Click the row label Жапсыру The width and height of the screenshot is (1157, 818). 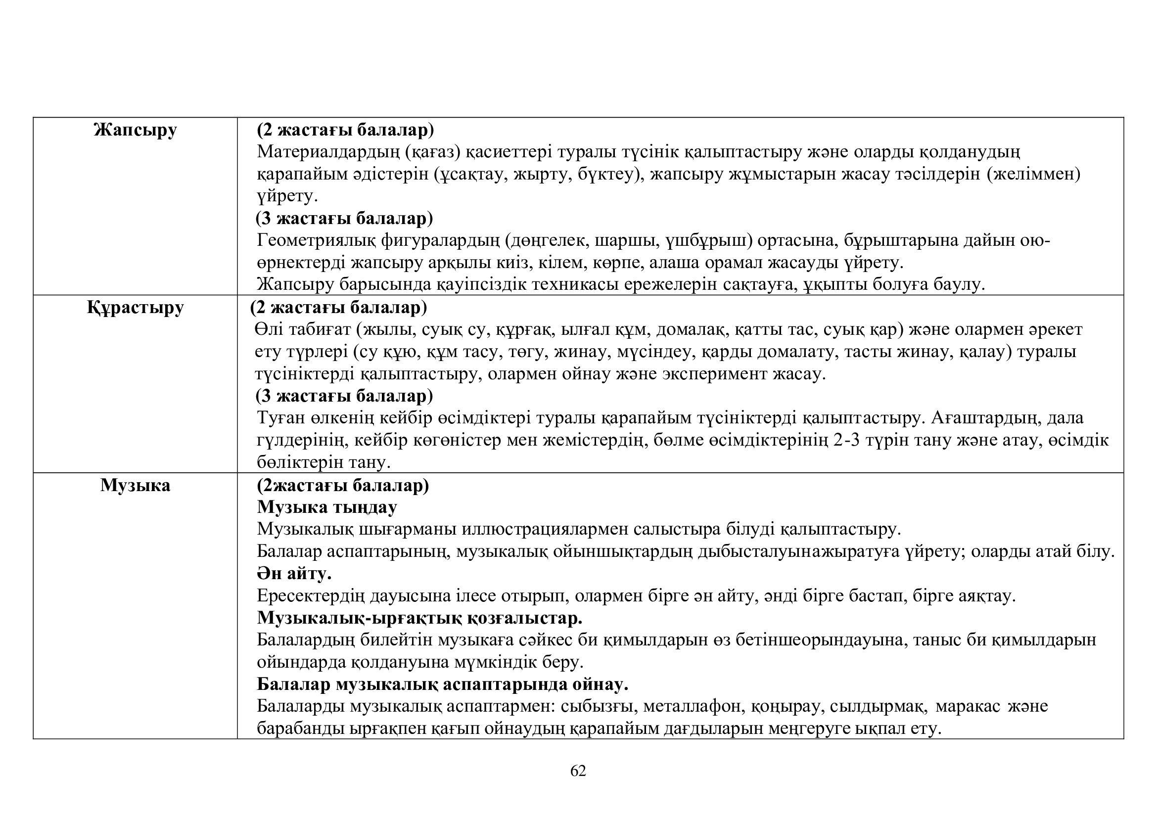pos(135,130)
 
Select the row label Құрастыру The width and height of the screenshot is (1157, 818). pos(135,307)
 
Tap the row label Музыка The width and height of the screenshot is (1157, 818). pos(135,485)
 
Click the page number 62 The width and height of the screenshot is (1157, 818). pos(578,771)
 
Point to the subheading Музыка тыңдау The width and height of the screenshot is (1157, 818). pos(326,507)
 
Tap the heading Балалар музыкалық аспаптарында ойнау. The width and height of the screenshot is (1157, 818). pos(442,684)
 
